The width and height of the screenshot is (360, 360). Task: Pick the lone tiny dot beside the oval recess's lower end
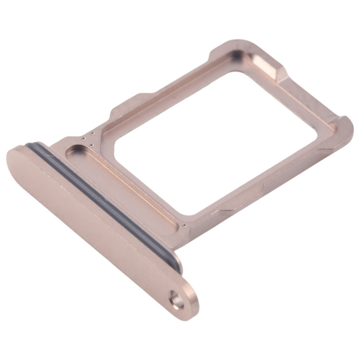[184, 226]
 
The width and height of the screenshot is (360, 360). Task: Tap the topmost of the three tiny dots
[93, 134]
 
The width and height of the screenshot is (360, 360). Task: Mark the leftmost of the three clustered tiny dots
[84, 138]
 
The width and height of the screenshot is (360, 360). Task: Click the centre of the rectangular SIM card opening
[216, 144]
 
